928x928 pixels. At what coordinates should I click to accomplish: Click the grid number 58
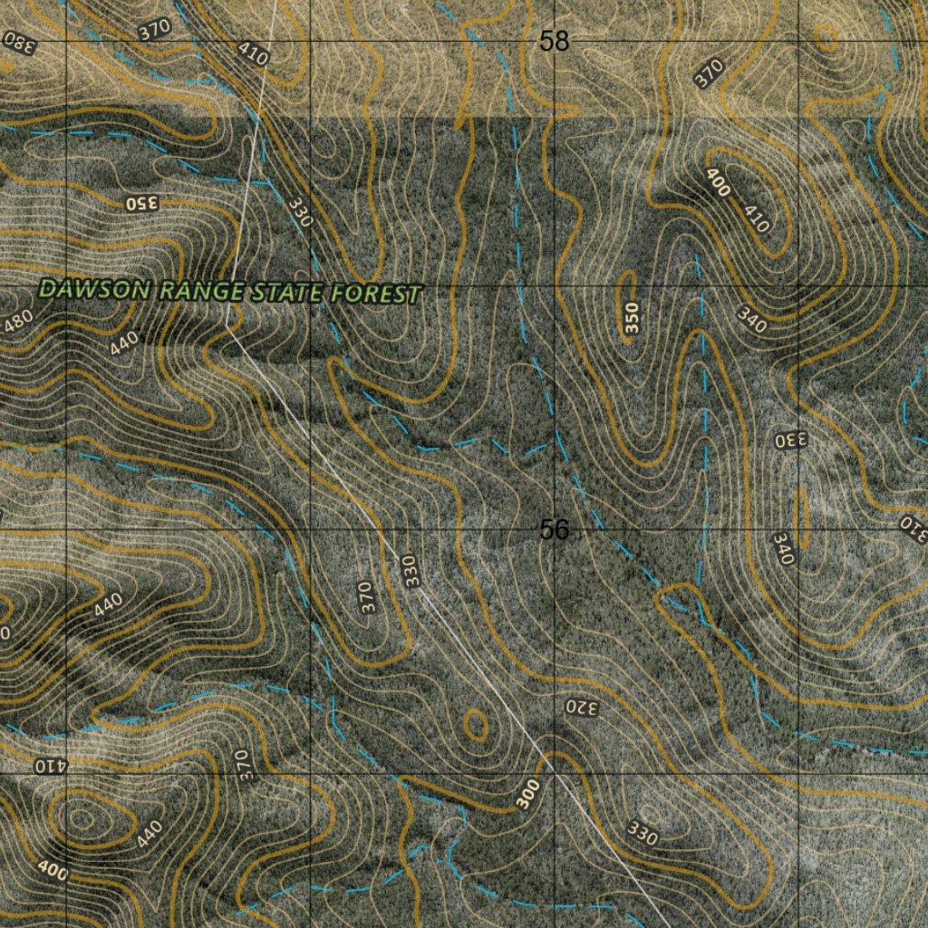[554, 41]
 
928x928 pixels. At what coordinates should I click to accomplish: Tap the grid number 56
[554, 530]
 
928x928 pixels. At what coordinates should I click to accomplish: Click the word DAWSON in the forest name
[96, 290]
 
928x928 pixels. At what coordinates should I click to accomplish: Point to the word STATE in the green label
[286, 293]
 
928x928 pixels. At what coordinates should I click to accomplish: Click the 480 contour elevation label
[18, 321]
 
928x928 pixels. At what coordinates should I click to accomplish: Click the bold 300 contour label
[528, 794]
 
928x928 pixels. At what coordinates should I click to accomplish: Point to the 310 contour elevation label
[913, 529]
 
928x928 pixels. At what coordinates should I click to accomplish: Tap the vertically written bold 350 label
[632, 318]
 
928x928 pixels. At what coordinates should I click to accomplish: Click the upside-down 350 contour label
[142, 202]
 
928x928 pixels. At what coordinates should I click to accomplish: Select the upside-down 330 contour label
[789, 441]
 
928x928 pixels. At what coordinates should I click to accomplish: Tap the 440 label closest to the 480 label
[125, 343]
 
